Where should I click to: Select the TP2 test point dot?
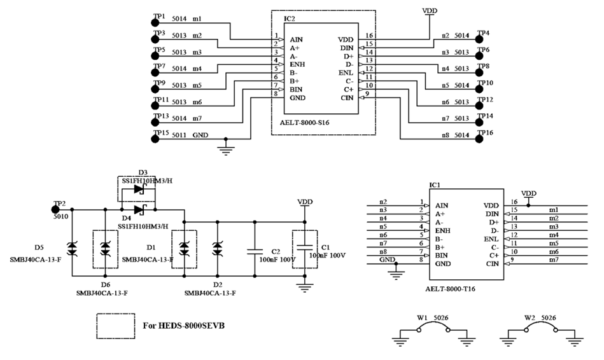pyautogui.click(x=57, y=209)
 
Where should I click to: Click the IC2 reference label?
pyautogui.click(x=290, y=18)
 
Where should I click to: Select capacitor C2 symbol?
pyautogui.click(x=255, y=248)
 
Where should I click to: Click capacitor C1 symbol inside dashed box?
pyautogui.click(x=306, y=248)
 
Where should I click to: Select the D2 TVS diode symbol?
pyautogui.click(x=218, y=248)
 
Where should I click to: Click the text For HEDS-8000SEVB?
pyautogui.click(x=184, y=326)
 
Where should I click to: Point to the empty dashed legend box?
pyautogui.click(x=115, y=325)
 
